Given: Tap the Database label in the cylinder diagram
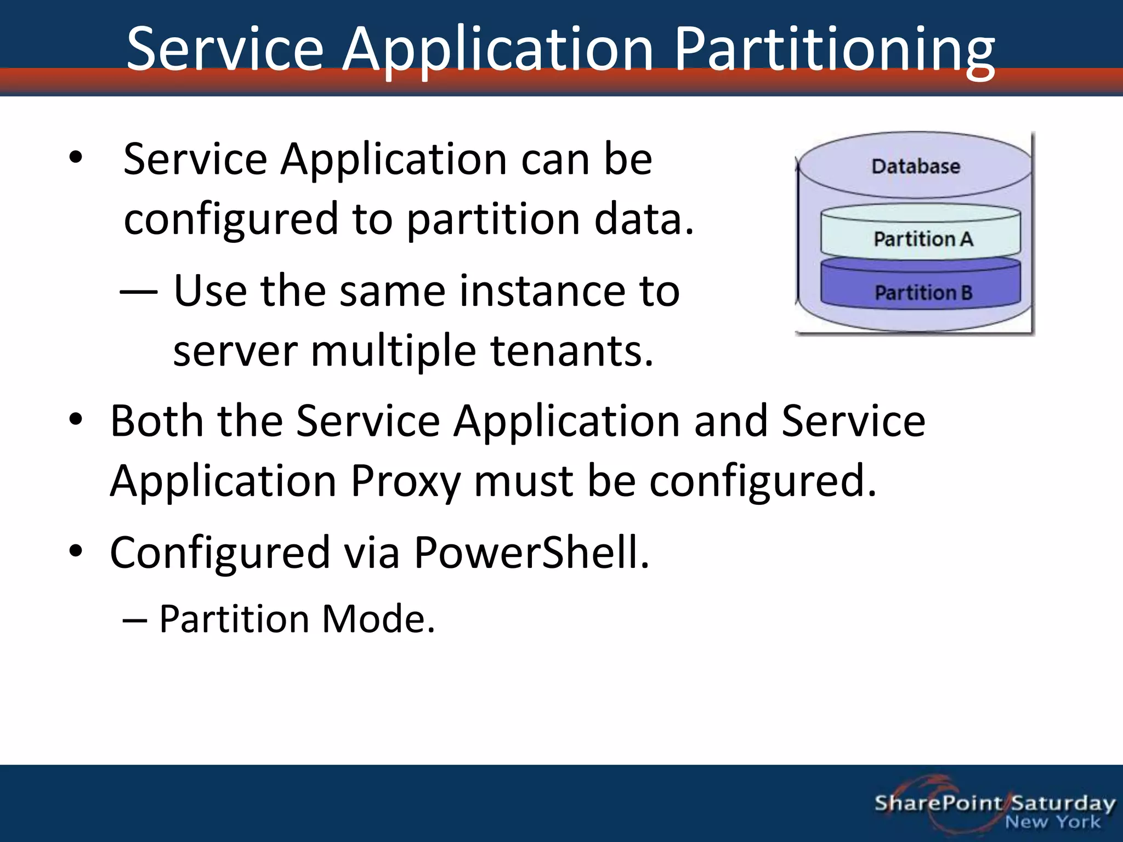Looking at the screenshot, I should point(916,166).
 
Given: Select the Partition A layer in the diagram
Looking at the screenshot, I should point(923,239).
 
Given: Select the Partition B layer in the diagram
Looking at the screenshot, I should point(923,292).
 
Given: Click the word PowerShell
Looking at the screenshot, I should point(531,553).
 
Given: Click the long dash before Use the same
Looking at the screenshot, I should point(139,291).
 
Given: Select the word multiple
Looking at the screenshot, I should point(393,351).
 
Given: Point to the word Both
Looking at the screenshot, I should point(157,421).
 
